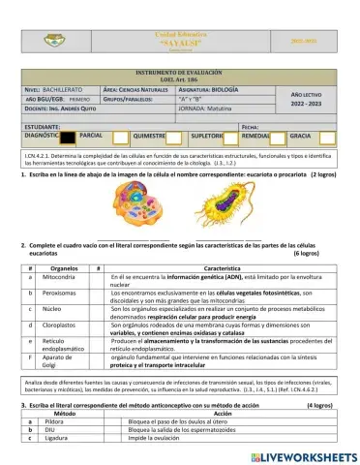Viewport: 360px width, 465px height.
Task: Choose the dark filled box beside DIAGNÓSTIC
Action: pos(66,138)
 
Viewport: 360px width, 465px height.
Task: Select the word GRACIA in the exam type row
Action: pos(301,138)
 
